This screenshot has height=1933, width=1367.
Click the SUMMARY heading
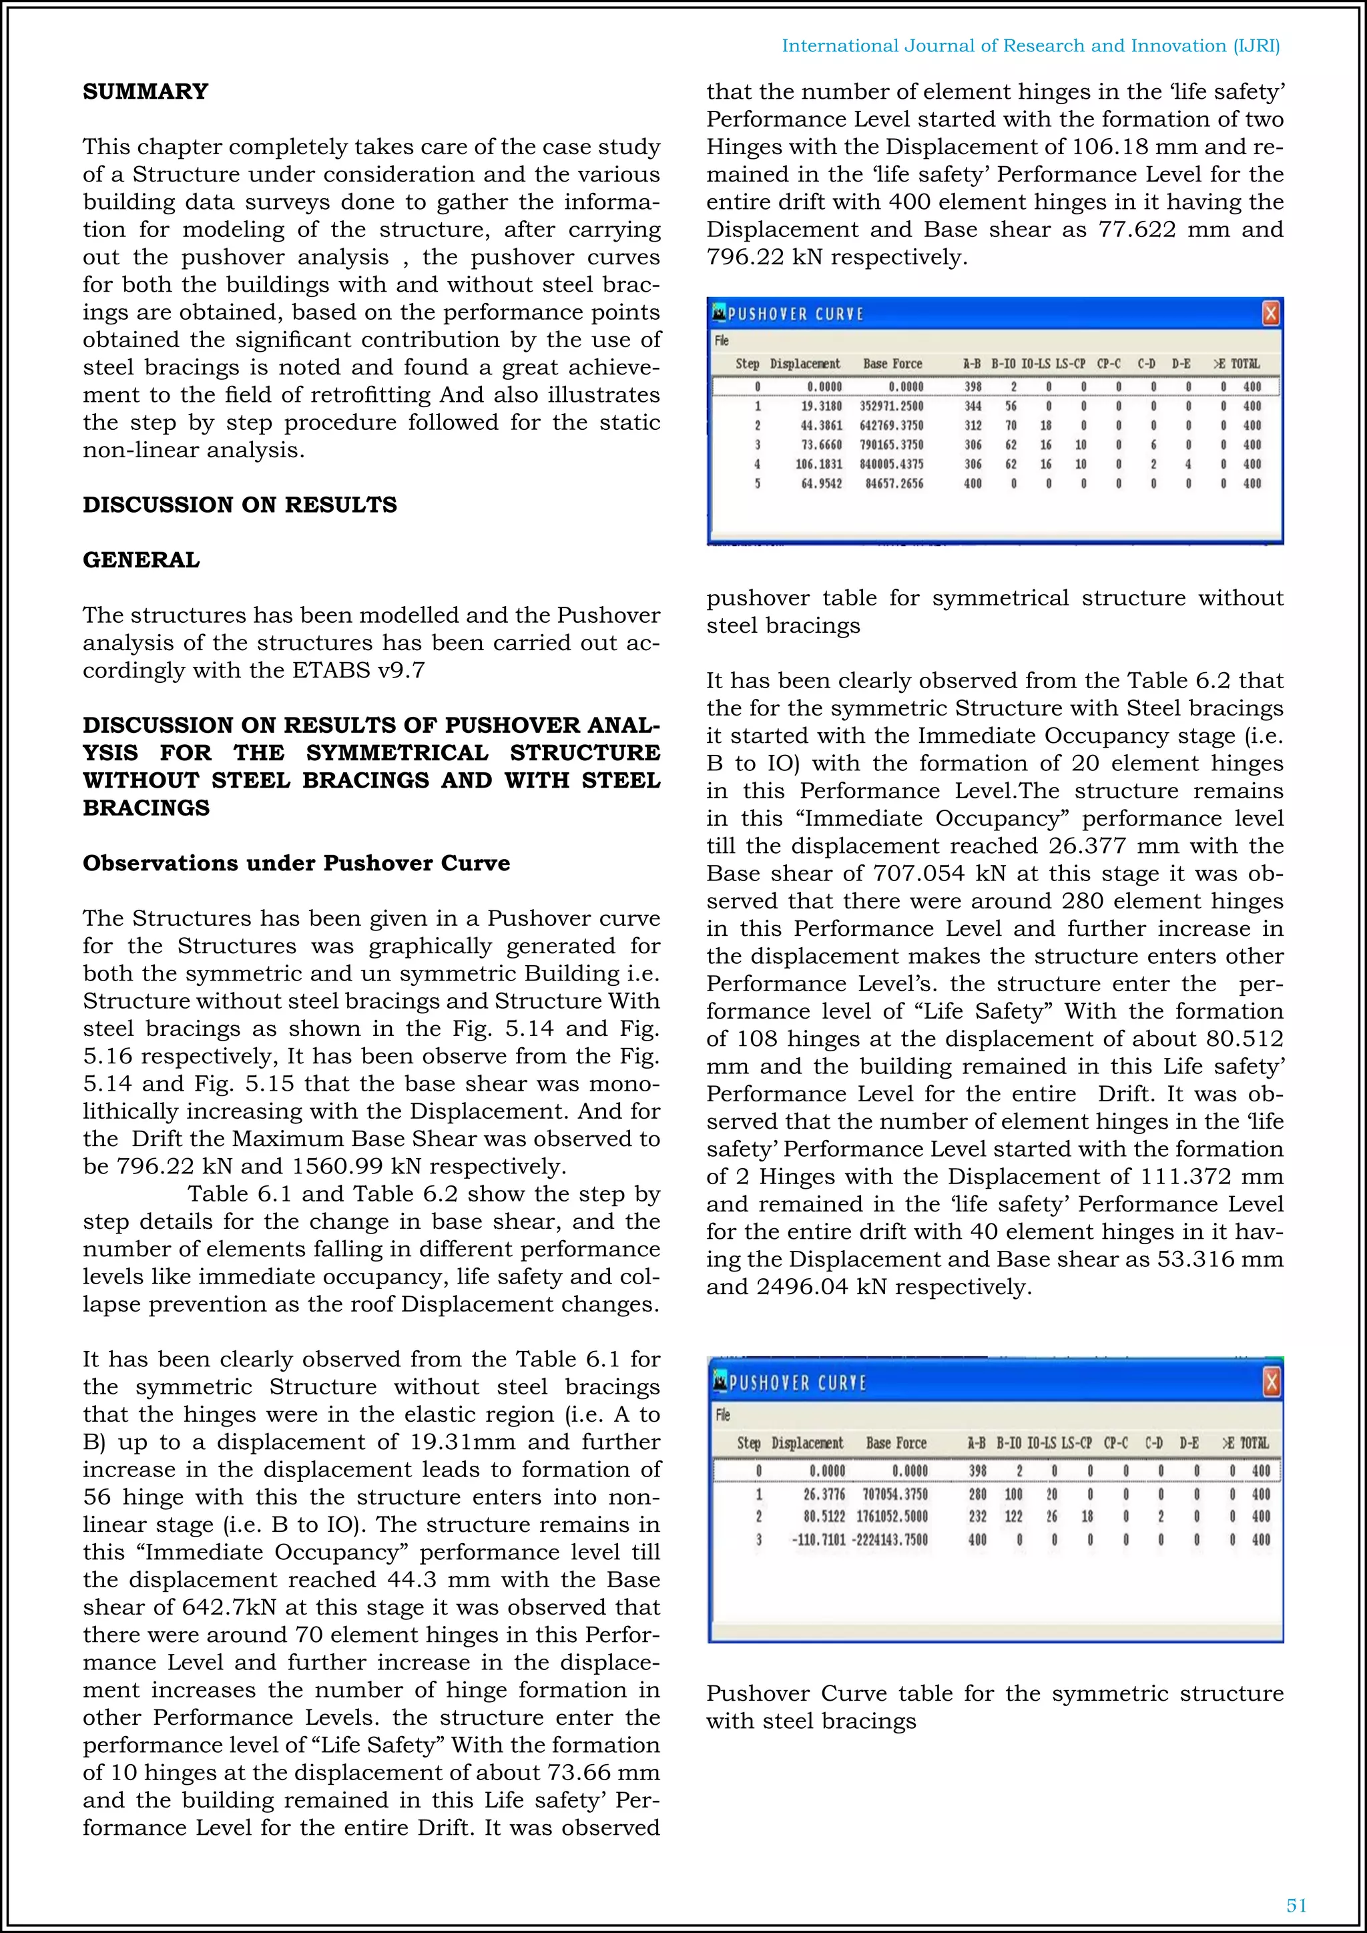click(x=145, y=91)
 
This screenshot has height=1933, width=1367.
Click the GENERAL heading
click(x=141, y=560)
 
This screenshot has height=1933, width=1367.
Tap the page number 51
click(x=1296, y=1905)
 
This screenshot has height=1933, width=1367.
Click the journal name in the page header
click(x=1031, y=45)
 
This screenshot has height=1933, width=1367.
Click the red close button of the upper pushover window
click(x=1270, y=314)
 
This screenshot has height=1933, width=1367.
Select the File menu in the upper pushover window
click(x=722, y=341)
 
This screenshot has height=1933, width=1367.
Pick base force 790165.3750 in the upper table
click(x=890, y=445)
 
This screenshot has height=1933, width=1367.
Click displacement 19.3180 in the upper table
click(x=821, y=406)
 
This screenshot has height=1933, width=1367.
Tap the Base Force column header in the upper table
click(x=892, y=364)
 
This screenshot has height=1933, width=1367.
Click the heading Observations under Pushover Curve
click(x=296, y=863)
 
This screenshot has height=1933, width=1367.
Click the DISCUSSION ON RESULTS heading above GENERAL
click(x=239, y=505)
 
